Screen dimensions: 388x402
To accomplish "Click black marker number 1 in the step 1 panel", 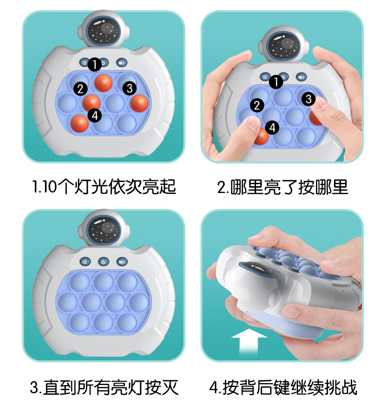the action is tap(95, 64).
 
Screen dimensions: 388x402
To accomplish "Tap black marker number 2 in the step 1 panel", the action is tap(81, 89).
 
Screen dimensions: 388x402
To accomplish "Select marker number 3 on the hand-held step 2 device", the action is tap(308, 99).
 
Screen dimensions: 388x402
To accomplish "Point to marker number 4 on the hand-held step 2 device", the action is tap(273, 128).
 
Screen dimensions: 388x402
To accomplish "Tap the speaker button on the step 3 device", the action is tap(122, 262).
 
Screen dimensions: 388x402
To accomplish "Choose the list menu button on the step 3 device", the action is tap(85, 262).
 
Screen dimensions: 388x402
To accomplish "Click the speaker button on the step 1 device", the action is tap(122, 63).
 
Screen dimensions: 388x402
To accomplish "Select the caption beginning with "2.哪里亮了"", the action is tap(283, 187).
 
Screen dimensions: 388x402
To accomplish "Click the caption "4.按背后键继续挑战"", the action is tap(283, 387).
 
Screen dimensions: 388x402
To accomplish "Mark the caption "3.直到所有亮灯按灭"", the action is tap(104, 387).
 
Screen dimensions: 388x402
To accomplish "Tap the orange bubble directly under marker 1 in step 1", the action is tap(103, 83).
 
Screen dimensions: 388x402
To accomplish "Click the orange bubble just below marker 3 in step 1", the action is tap(139, 103).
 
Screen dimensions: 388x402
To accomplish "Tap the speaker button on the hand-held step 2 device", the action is tap(301, 77).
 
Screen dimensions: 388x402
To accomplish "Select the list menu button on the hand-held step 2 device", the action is tap(265, 77).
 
